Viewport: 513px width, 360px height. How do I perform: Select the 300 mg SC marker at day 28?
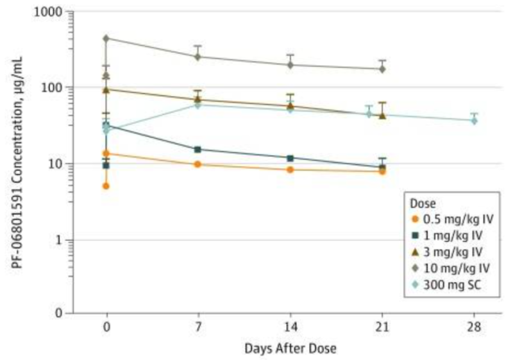pos(475,120)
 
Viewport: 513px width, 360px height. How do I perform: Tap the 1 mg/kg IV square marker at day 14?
pos(290,158)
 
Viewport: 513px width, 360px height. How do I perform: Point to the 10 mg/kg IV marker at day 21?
pos(383,69)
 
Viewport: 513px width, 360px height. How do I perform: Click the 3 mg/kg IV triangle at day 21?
pos(383,116)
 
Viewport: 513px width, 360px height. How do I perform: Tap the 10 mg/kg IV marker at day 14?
pos(290,65)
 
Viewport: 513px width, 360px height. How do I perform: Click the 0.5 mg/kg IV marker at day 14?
pos(290,169)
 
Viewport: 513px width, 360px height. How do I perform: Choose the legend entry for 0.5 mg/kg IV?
pos(442,219)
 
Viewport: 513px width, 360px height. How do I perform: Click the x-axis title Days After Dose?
pos(290,348)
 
